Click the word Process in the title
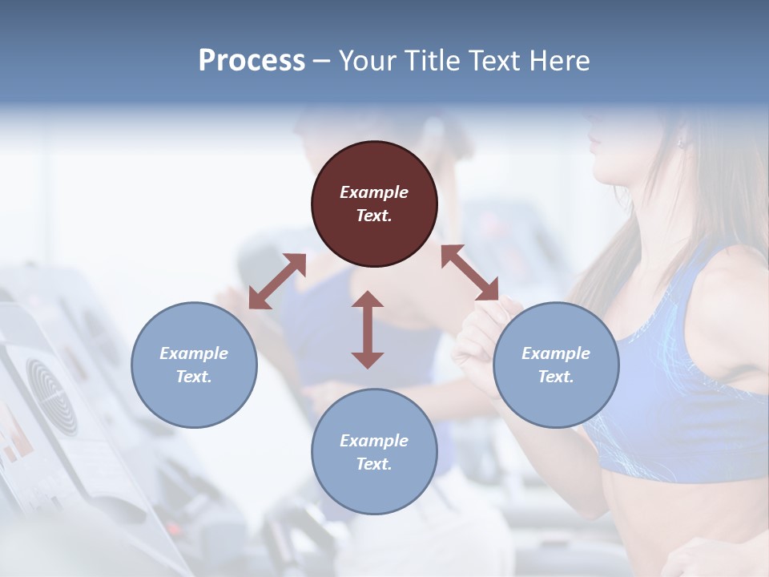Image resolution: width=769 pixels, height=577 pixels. coord(252,61)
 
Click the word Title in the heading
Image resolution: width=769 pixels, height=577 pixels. coord(431,61)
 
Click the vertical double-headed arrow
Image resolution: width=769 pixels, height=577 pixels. coord(368,329)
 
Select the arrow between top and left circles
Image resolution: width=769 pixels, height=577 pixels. coord(277,281)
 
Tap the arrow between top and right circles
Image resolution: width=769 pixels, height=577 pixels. coord(469,272)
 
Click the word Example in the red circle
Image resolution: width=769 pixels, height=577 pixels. coord(374,192)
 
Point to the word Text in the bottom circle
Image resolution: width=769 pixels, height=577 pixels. coord(374,464)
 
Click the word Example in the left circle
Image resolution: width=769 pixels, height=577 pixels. coord(194,353)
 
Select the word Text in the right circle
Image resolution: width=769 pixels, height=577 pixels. coord(555,377)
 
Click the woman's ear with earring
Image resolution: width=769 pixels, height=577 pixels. coord(682,143)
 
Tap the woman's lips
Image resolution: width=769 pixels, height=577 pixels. coord(594,144)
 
